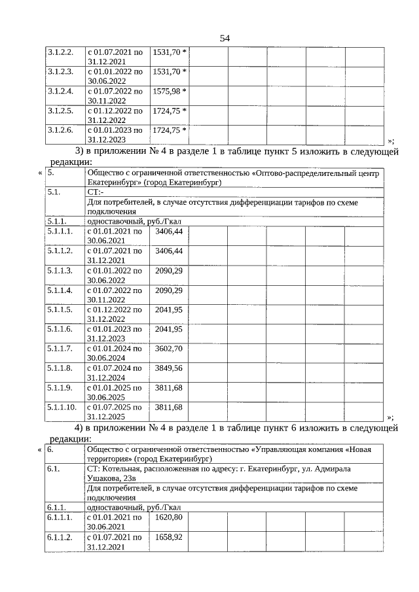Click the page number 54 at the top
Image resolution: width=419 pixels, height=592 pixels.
click(225, 38)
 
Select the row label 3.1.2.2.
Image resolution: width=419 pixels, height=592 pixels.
click(60, 51)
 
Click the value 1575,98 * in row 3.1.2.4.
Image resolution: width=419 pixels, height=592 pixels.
click(170, 91)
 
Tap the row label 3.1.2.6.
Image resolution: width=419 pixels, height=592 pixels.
click(60, 130)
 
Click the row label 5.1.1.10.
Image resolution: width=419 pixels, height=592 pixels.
click(62, 408)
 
